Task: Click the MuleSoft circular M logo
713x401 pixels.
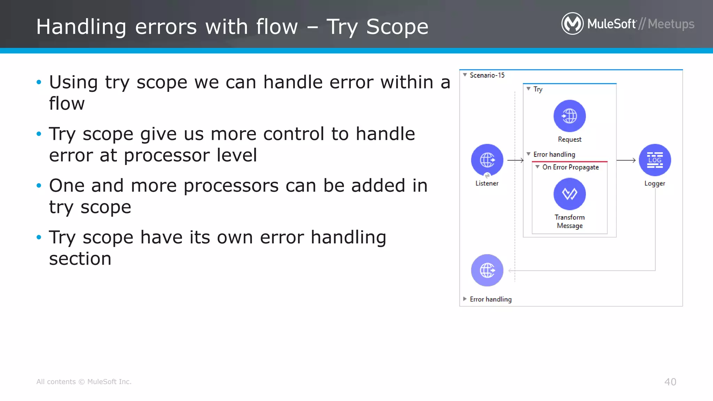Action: pyautogui.click(x=572, y=24)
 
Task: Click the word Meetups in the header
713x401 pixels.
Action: pyautogui.click(x=671, y=24)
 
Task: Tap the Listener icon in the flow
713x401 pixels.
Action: pyautogui.click(x=487, y=160)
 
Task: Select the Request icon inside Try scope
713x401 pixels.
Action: pyautogui.click(x=570, y=116)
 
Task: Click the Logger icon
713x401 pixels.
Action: pyautogui.click(x=655, y=160)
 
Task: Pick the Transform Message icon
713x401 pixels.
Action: pyautogui.click(x=570, y=194)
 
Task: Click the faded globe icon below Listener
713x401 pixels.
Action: pyautogui.click(x=487, y=270)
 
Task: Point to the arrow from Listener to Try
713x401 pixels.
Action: pyautogui.click(x=515, y=160)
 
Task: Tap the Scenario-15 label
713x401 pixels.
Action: pyautogui.click(x=487, y=75)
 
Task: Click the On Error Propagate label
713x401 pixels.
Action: pyautogui.click(x=570, y=167)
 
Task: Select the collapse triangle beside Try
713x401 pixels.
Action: pyautogui.click(x=528, y=89)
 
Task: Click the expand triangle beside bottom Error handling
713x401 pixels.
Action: pyautogui.click(x=465, y=299)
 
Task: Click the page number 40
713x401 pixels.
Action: pyautogui.click(x=670, y=382)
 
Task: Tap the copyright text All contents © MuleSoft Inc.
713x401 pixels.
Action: pyautogui.click(x=84, y=382)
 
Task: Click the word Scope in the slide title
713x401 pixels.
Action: pyautogui.click(x=397, y=27)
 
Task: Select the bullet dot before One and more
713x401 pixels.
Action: pyautogui.click(x=39, y=186)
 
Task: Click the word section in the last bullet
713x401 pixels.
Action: pyautogui.click(x=80, y=259)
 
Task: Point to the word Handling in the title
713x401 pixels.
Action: pyautogui.click(x=81, y=27)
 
